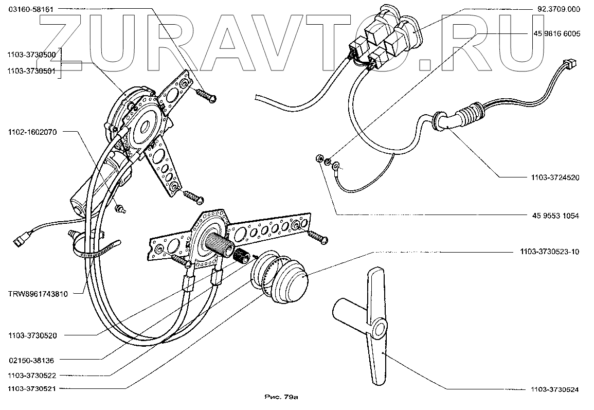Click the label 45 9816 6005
(557, 34)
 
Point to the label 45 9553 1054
(556, 216)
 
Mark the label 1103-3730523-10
(551, 252)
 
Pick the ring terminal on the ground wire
(336, 166)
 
